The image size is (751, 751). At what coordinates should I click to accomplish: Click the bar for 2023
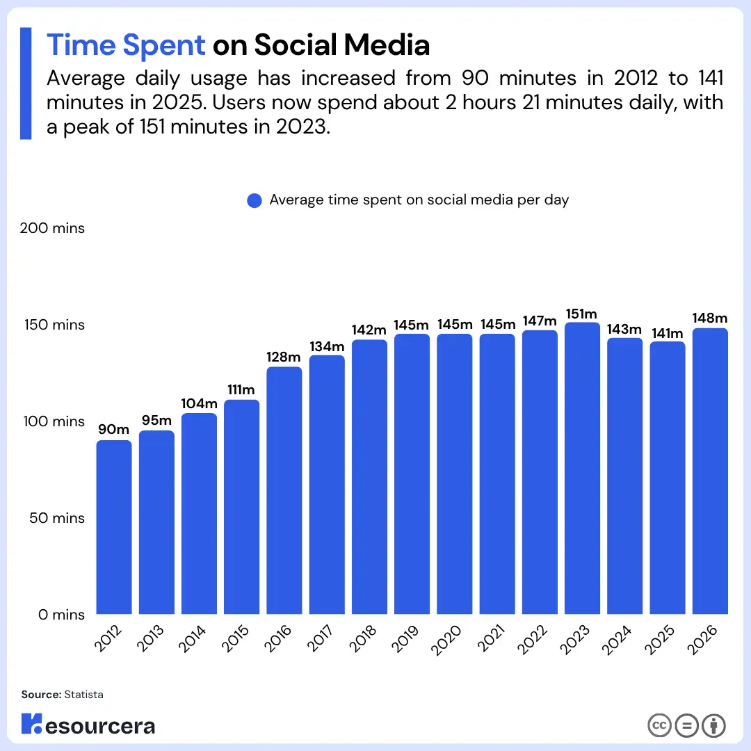pos(582,469)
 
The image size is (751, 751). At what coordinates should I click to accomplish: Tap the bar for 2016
pos(284,491)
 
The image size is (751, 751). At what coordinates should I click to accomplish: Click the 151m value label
pos(582,314)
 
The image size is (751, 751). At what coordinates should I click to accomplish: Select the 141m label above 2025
pos(668,332)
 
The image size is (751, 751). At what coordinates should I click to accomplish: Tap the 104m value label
pos(199,404)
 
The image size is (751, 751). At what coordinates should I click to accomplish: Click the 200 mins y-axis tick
pos(52,228)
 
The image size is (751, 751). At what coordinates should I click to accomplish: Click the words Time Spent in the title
pos(126,45)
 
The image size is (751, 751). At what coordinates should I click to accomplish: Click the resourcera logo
pos(88,725)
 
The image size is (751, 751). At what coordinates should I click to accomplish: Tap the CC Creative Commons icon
pos(659,725)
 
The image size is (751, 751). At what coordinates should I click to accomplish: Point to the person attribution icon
pos(713,725)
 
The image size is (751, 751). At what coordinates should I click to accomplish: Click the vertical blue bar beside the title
pos(26,83)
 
